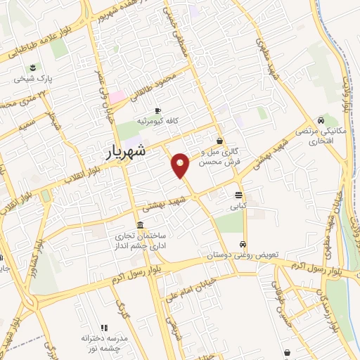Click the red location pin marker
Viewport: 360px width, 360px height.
(x=181, y=165)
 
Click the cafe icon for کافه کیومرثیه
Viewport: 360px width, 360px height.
(x=157, y=110)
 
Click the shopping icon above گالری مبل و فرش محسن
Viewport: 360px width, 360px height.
(x=219, y=141)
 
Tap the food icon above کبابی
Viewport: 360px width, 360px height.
(x=238, y=195)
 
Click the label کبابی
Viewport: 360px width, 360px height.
(x=238, y=207)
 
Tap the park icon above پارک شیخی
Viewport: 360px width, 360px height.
(x=33, y=68)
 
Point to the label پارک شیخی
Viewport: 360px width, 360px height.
(x=33, y=81)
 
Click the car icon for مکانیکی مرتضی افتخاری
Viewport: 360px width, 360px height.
(x=321, y=120)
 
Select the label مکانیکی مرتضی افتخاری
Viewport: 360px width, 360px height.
(x=314, y=136)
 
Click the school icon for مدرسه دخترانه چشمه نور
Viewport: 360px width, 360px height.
(x=104, y=328)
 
